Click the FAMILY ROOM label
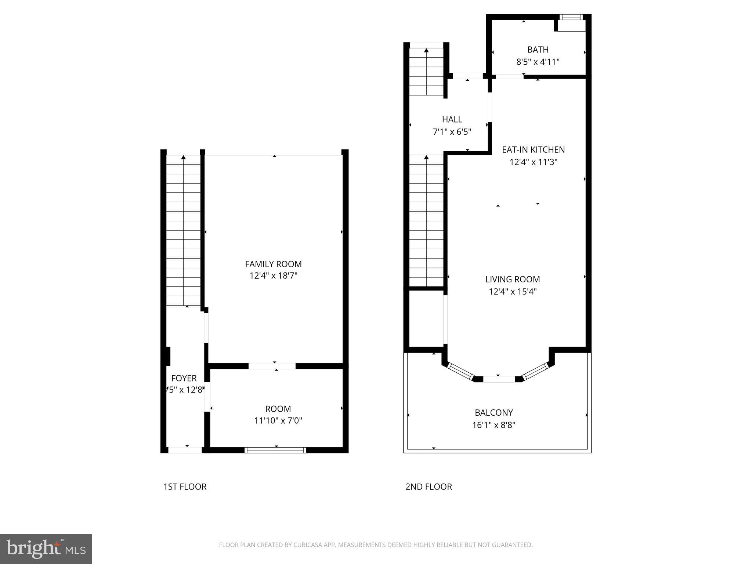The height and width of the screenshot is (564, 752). click(x=273, y=264)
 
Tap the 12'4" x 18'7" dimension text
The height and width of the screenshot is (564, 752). click(x=273, y=276)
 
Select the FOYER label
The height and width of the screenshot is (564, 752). click(x=184, y=378)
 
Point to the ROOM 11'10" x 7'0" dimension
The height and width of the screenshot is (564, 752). click(x=278, y=420)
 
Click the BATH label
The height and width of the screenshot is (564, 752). click(x=538, y=50)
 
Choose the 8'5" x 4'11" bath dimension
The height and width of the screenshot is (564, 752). click(x=538, y=62)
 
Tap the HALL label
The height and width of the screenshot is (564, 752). click(x=452, y=119)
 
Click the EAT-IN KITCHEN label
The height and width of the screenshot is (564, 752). click(x=533, y=150)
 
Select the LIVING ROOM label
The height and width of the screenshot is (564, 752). click(x=513, y=279)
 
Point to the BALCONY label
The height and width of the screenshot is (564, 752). click(x=494, y=413)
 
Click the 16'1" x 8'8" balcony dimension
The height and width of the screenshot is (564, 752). click(x=494, y=425)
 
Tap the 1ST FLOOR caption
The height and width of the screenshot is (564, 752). click(x=185, y=487)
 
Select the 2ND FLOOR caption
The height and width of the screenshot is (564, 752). click(x=429, y=487)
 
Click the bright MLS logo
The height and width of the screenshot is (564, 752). click(x=46, y=549)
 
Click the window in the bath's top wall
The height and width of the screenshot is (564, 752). click(x=571, y=17)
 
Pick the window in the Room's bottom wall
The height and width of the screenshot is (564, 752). click(x=275, y=450)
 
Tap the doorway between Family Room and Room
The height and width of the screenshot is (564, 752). click(x=272, y=366)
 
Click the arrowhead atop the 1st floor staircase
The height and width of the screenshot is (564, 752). click(x=183, y=158)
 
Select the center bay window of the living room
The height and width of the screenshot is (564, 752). click(x=499, y=379)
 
